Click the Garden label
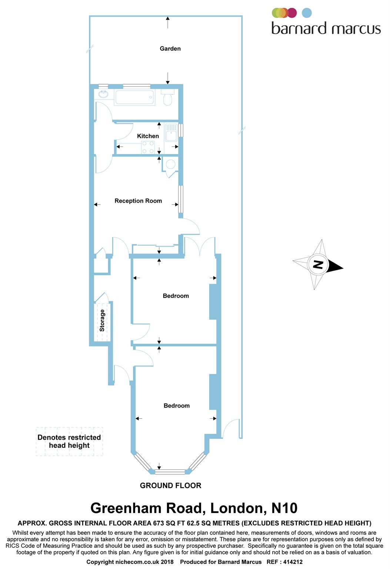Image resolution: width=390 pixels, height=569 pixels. coord(170,49)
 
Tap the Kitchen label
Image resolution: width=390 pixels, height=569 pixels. coord(148,136)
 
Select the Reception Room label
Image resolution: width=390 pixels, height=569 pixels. coord(138,201)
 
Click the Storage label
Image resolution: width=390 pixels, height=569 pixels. coord(102,320)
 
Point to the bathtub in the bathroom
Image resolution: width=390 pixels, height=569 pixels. coord(134,97)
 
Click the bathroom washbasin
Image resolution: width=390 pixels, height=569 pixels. coord(103,94)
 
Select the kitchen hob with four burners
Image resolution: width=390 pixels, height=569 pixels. coord(148,147)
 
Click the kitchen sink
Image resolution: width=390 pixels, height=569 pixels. coord(171,134)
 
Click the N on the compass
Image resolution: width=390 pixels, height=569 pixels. coord(318,264)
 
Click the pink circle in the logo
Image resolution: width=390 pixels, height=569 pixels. coord(292,13)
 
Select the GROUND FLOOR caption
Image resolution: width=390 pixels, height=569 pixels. coord(170,485)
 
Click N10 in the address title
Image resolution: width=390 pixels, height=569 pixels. coord(284,508)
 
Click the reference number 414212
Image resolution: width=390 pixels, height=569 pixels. coord(293,562)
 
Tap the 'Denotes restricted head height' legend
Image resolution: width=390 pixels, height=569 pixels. coord(69,441)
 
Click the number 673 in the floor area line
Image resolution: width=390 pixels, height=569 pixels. coord(159,523)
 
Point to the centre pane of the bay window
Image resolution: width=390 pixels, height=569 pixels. coord(170,472)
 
